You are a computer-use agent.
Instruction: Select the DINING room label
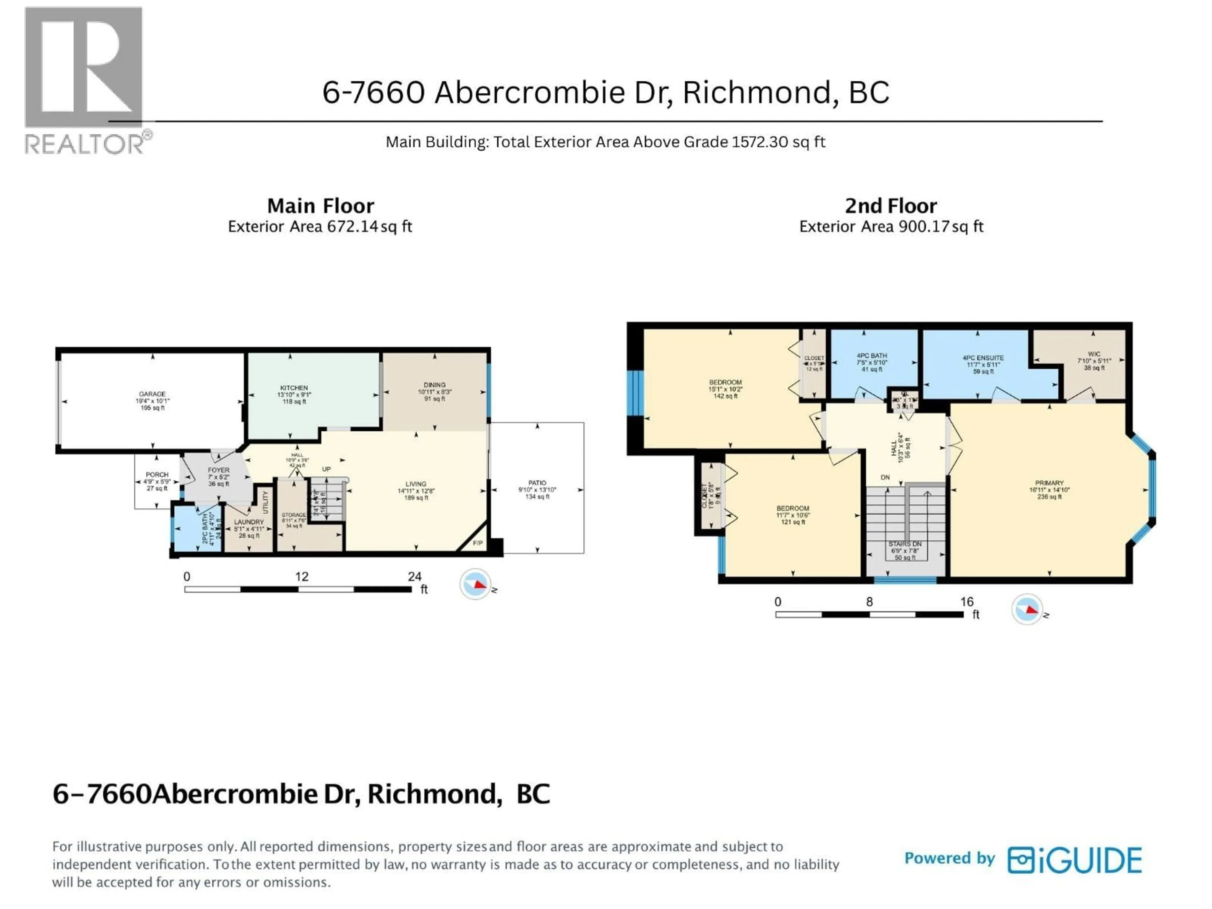tap(435, 385)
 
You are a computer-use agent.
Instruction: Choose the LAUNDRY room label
tap(249, 522)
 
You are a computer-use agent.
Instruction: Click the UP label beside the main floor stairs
tap(326, 469)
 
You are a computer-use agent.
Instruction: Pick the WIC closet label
tap(1094, 354)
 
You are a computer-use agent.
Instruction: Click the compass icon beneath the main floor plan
tap(474, 584)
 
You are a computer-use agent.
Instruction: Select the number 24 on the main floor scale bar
tap(414, 576)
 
